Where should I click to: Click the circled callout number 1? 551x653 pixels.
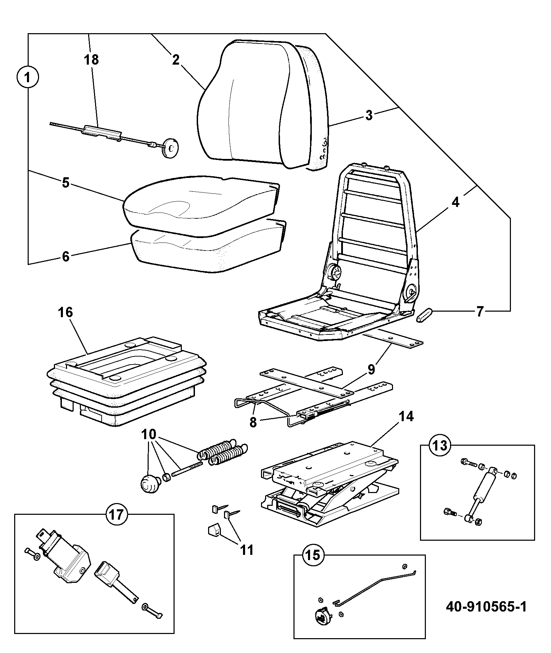(x=28, y=77)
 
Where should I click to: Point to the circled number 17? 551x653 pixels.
(x=116, y=515)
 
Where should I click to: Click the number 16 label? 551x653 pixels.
(x=66, y=313)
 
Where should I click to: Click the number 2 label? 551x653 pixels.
(x=176, y=60)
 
